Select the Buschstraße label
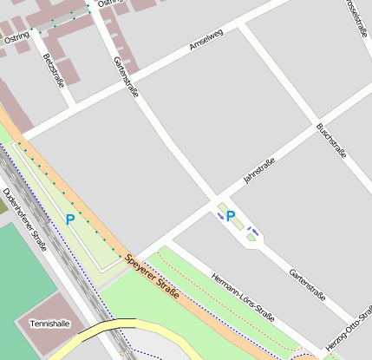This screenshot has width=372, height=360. (x=332, y=141)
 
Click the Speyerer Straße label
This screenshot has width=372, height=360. (x=152, y=277)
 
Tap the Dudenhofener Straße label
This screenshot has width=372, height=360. (x=23, y=219)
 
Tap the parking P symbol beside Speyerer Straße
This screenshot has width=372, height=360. (x=69, y=220)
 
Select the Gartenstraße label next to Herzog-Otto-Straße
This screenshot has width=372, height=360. (x=308, y=284)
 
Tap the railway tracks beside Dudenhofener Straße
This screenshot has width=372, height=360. (x=65, y=260)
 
